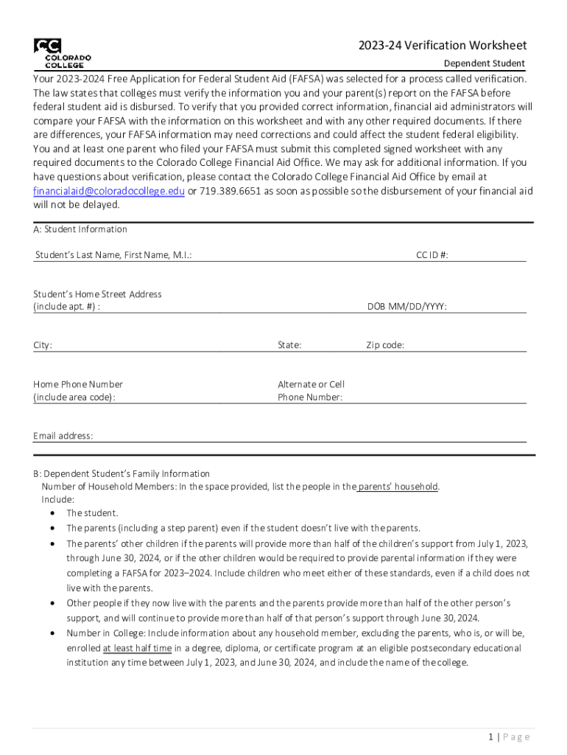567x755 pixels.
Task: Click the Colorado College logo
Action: tap(62, 52)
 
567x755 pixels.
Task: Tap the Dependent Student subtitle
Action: tap(484, 63)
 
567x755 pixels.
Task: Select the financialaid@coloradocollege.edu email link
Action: tap(109, 191)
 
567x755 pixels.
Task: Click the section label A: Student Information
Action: tap(80, 229)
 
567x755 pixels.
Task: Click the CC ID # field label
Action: tap(432, 255)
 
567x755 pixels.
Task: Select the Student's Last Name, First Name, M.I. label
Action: tap(114, 255)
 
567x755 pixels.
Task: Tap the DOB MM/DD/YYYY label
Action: tap(407, 307)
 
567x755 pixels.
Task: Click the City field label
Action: tap(43, 345)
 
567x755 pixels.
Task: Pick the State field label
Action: tap(289, 345)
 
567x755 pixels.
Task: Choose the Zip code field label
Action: tap(385, 345)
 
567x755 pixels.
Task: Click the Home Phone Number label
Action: tap(78, 384)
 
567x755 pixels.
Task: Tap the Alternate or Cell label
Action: tap(311, 384)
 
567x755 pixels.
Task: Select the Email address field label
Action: tap(63, 436)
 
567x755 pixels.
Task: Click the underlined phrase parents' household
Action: tap(398, 487)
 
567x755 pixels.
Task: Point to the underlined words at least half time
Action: tap(137, 648)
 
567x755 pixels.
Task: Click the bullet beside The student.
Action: tap(53, 513)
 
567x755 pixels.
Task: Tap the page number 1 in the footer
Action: tap(490, 737)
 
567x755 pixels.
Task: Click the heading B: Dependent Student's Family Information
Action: tap(121, 473)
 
